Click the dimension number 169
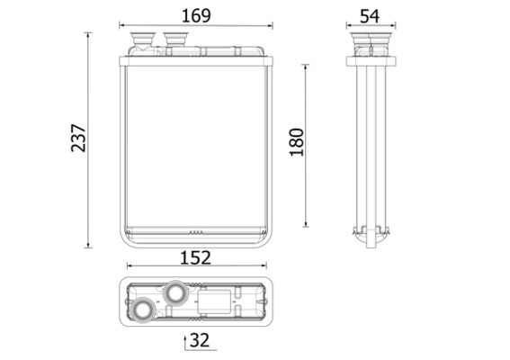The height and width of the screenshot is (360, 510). point(196,15)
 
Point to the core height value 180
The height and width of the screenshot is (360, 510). point(299,141)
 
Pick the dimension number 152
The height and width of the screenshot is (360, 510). point(196,257)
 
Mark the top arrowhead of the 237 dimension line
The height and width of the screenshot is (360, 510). point(88,35)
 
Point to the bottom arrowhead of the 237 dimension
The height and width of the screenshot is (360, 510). point(88,245)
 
